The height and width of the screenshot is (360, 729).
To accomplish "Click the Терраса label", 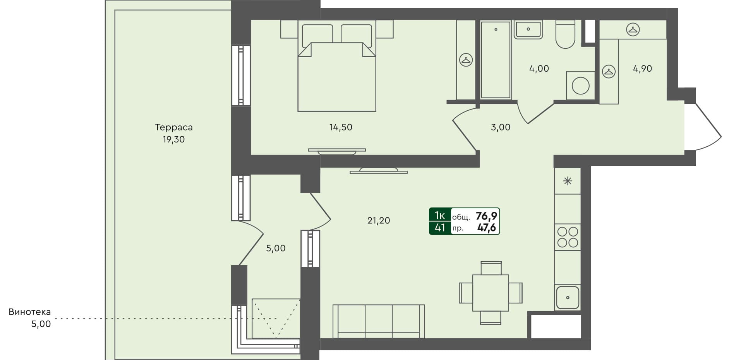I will pyautogui.click(x=173, y=127).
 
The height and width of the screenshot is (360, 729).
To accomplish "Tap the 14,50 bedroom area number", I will pyautogui.click(x=341, y=127).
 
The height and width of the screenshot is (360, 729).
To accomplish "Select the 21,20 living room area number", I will pyautogui.click(x=378, y=221).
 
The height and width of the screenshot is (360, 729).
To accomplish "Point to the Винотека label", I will pyautogui.click(x=30, y=312).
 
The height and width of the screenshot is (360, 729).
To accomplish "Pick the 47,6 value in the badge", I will pyautogui.click(x=486, y=228).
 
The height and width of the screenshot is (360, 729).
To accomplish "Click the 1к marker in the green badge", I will pyautogui.click(x=440, y=215).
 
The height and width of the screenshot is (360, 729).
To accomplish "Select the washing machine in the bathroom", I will pyautogui.click(x=580, y=86).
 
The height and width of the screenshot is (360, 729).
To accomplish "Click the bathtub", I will pyautogui.click(x=496, y=59).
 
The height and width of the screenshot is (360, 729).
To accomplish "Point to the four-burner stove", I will pyautogui.click(x=568, y=237).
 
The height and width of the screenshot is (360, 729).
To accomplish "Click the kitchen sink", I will pyautogui.click(x=568, y=297).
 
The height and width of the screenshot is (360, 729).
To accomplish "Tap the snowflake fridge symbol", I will pyautogui.click(x=568, y=181).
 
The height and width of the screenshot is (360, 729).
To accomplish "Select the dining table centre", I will pyautogui.click(x=491, y=293).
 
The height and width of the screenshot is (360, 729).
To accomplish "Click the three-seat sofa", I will pyautogui.click(x=378, y=321).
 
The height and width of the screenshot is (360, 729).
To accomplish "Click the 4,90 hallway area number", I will pyautogui.click(x=642, y=69).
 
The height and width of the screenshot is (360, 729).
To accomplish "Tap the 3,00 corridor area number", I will pyautogui.click(x=501, y=127).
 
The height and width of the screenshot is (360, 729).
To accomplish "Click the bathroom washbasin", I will pyautogui.click(x=528, y=29).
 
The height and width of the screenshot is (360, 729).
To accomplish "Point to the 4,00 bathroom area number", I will pyautogui.click(x=539, y=69).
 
